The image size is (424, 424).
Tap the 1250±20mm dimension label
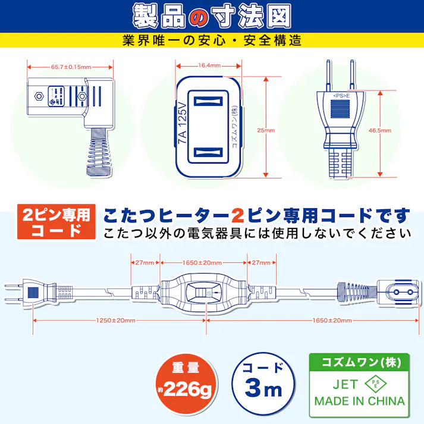pos(115,320)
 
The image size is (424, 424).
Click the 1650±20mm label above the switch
pos(202,262)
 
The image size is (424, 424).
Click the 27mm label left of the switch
pos(145,262)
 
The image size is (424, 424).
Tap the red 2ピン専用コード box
pos(55,222)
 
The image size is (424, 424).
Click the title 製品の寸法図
pos(212,16)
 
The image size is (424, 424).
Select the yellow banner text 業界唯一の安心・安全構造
pos(212,40)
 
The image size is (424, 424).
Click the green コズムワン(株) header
pos(359,362)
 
